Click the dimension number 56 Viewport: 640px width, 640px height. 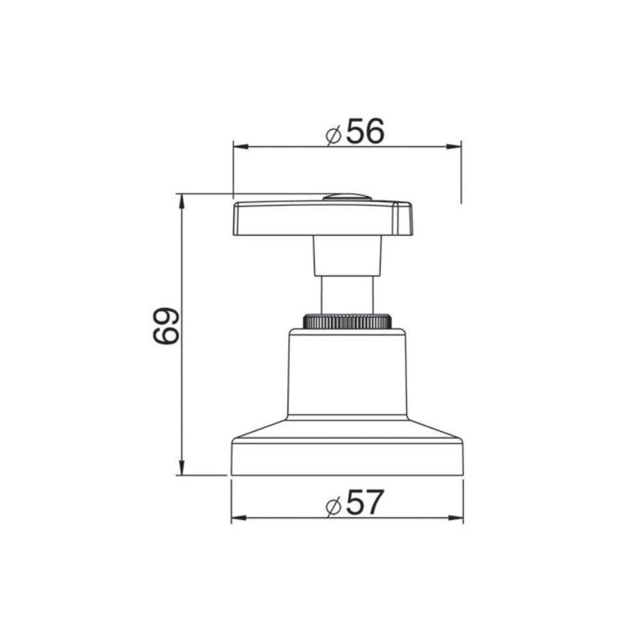tap(365, 132)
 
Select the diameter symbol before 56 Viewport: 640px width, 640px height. tap(332, 136)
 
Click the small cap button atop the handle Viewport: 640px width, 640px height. tap(346, 196)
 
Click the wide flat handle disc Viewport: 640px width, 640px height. tap(320, 218)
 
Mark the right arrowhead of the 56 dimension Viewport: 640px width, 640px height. tap(456, 147)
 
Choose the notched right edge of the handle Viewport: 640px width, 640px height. tap(404, 218)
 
